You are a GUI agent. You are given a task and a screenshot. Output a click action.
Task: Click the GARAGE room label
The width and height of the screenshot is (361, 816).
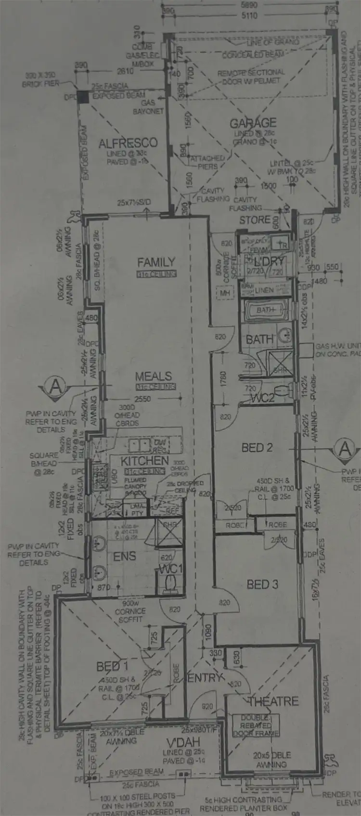[253, 123]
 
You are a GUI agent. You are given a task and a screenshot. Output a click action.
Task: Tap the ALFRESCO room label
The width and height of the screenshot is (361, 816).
[128, 143]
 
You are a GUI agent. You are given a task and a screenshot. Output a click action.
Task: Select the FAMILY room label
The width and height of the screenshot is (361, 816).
[156, 262]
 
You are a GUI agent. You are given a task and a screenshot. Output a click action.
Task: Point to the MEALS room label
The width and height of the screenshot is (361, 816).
[153, 376]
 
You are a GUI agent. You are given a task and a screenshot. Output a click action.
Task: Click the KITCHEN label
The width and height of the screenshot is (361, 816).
[144, 461]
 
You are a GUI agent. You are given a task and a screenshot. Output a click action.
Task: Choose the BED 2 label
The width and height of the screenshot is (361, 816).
[257, 448]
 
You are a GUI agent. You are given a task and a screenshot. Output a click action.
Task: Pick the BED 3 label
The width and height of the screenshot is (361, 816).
[262, 584]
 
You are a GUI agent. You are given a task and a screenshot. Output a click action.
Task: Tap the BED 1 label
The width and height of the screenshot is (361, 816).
[112, 666]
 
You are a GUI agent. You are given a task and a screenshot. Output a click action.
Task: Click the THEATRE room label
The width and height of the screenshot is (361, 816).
[273, 701]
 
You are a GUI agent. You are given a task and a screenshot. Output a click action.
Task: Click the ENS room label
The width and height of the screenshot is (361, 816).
[124, 557]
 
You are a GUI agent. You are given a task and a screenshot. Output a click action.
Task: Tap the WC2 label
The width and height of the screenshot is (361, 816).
[262, 398]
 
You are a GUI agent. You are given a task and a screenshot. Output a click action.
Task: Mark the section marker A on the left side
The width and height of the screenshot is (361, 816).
[56, 386]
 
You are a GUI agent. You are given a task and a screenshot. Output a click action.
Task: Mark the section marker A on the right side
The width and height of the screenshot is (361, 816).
[344, 449]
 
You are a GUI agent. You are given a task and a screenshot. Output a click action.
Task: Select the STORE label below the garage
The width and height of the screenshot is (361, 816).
[255, 220]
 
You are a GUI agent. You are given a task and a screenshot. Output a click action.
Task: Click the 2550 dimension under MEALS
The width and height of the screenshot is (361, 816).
[142, 399]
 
